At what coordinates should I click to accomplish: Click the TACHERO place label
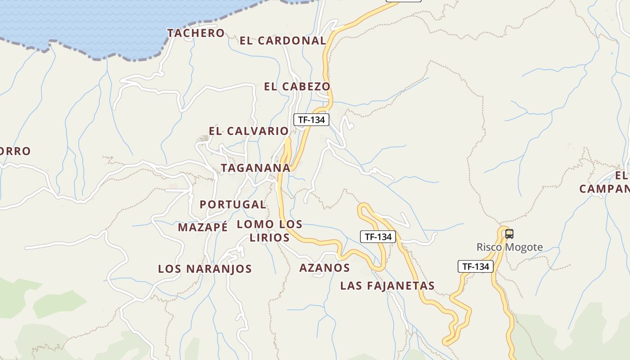coord(196,33)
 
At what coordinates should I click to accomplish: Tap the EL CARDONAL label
coord(283,40)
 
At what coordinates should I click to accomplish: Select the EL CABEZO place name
coord(297,86)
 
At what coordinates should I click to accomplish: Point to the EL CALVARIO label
coord(248,131)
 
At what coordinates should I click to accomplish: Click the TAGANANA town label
coord(255,168)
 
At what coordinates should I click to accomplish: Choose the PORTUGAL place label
coord(233,204)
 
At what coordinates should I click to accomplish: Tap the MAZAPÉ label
coord(202,227)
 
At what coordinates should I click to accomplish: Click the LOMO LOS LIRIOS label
coord(270,230)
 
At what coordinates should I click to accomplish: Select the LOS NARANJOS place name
coord(205,269)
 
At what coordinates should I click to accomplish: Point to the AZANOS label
coord(324,268)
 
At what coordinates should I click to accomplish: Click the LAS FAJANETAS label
coord(387,285)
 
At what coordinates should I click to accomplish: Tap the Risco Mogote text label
coord(509,247)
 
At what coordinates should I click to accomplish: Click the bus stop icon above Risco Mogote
coord(509,234)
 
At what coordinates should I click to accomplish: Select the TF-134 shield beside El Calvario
coord(311,120)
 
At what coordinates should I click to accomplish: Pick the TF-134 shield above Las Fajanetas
coord(378,237)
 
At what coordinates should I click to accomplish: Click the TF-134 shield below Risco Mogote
coord(476,266)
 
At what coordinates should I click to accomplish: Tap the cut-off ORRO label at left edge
coord(15,151)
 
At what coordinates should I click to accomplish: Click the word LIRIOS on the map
coord(270,238)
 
